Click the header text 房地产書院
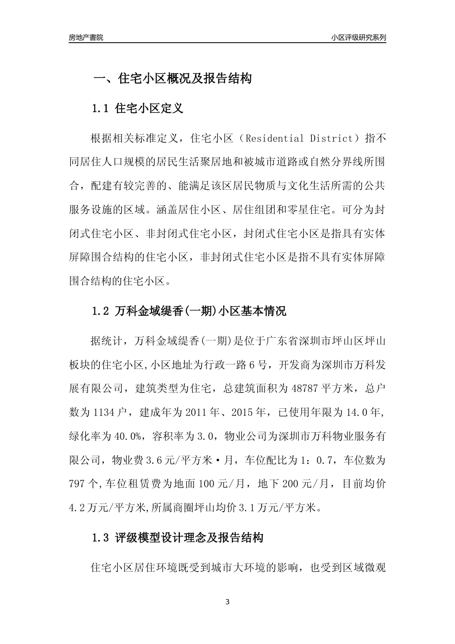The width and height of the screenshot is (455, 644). point(86,37)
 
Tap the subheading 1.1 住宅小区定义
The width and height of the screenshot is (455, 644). point(137,109)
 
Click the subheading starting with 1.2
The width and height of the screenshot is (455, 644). point(189,311)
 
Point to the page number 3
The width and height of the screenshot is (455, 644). point(227,602)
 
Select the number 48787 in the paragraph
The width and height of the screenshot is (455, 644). point(305,388)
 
